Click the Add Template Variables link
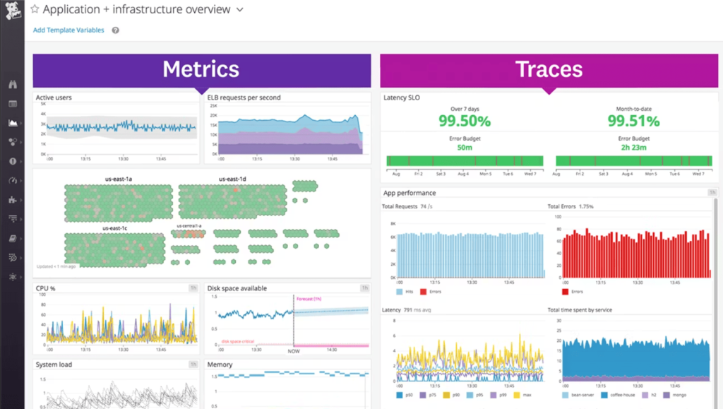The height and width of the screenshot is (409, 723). tap(68, 30)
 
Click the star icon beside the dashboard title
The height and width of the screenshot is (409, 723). tap(35, 10)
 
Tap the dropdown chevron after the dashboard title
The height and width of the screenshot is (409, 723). tap(240, 10)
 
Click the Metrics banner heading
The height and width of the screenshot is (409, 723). tap(201, 69)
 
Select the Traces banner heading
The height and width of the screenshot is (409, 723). tap(549, 69)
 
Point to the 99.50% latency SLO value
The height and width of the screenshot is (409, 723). tap(464, 121)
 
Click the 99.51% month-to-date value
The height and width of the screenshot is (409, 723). tap(633, 121)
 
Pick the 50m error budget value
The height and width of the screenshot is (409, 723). tap(465, 147)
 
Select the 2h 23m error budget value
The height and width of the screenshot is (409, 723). tap(633, 147)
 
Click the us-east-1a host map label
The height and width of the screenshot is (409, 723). tap(118, 179)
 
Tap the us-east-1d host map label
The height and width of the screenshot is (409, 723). tap(232, 179)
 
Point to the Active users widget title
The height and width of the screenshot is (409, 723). tap(54, 97)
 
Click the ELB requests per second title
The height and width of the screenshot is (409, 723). tap(244, 97)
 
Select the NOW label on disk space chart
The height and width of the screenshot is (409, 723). tap(293, 350)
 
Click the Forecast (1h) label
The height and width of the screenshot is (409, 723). tap(309, 299)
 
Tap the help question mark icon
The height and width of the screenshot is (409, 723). tap(115, 30)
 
